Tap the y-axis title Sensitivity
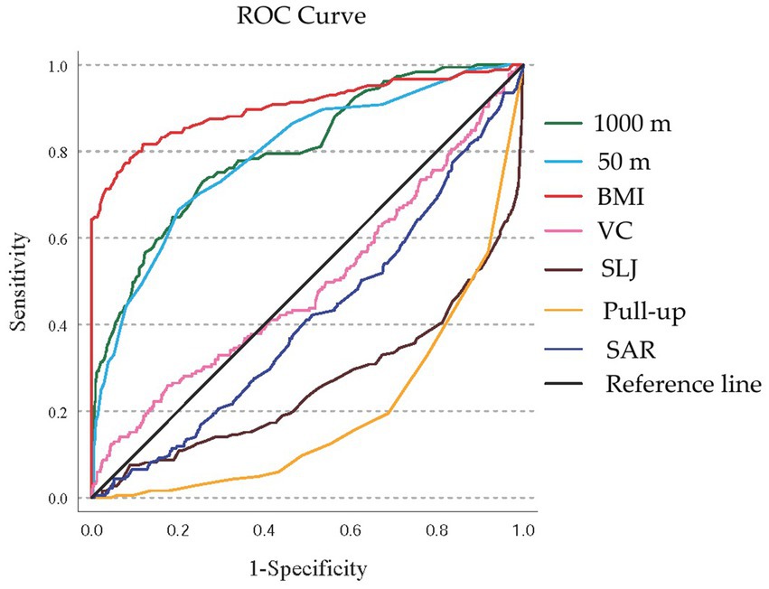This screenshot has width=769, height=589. point(19,281)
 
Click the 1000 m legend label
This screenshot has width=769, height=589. point(637,124)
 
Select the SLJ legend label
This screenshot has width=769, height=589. point(623,269)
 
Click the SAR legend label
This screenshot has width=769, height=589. point(626,348)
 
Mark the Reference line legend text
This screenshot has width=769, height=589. point(684,384)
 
